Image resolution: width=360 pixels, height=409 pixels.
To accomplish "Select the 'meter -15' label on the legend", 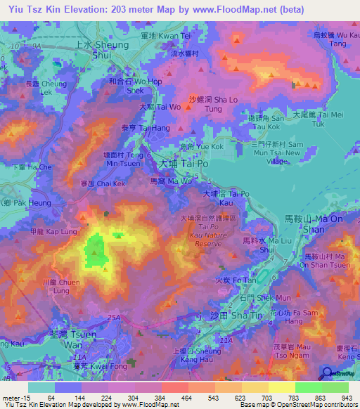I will [15, 398].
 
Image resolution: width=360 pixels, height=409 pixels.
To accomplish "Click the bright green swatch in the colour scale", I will [309, 387].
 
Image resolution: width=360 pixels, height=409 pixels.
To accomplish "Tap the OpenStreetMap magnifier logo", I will [328, 374].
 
